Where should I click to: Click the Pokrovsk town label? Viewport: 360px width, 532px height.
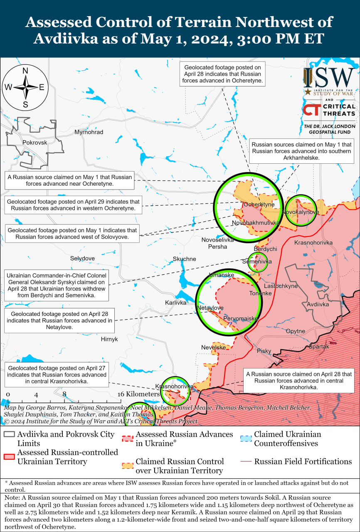[35, 142]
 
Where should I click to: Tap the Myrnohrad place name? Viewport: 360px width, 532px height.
[89, 132]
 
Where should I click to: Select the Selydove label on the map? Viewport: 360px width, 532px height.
[82, 258]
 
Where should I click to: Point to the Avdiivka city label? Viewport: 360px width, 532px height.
[318, 304]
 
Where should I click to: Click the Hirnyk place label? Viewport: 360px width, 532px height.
[109, 339]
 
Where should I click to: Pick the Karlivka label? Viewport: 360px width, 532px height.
[175, 303]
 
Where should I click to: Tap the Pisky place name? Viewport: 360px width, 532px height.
[264, 351]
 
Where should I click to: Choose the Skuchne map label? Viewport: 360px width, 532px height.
[184, 259]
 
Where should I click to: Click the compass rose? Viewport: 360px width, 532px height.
[25, 87]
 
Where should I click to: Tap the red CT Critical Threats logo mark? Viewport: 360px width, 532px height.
[311, 110]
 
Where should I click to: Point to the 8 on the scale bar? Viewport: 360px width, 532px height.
[64, 394]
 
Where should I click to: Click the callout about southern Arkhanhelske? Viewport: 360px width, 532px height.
[301, 151]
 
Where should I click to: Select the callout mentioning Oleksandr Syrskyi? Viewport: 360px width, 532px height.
[57, 286]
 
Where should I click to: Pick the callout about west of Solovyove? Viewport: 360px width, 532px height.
[72, 234]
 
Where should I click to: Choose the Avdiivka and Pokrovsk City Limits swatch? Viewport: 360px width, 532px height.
[9, 434]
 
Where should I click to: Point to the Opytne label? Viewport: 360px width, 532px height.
[296, 331]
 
